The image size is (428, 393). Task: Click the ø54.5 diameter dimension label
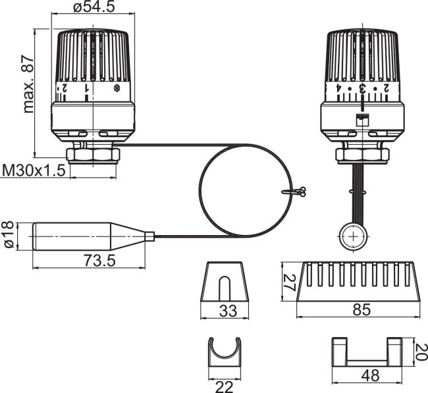tap(94, 7)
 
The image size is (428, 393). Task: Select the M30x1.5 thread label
tap(34, 170)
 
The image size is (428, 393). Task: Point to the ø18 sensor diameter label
tap(9, 235)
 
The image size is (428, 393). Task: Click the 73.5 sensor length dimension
tap(100, 260)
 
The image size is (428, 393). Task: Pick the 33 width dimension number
tap(228, 311)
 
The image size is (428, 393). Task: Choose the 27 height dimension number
tap(289, 283)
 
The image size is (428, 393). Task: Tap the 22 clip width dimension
tap(225, 386)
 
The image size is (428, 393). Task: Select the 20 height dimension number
tap(421, 352)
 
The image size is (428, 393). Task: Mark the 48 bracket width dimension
tap(370, 376)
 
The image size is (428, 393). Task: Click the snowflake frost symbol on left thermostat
tap(117, 88)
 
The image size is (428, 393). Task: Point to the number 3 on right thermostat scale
tap(362, 88)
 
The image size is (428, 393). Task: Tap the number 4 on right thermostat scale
tap(338, 88)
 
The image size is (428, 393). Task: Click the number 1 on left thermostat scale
tap(87, 88)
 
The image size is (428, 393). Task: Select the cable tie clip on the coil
tap(294, 192)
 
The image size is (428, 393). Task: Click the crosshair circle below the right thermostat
tap(353, 236)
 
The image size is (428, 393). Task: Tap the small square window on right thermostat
tap(362, 120)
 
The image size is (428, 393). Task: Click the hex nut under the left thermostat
tap(93, 155)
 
